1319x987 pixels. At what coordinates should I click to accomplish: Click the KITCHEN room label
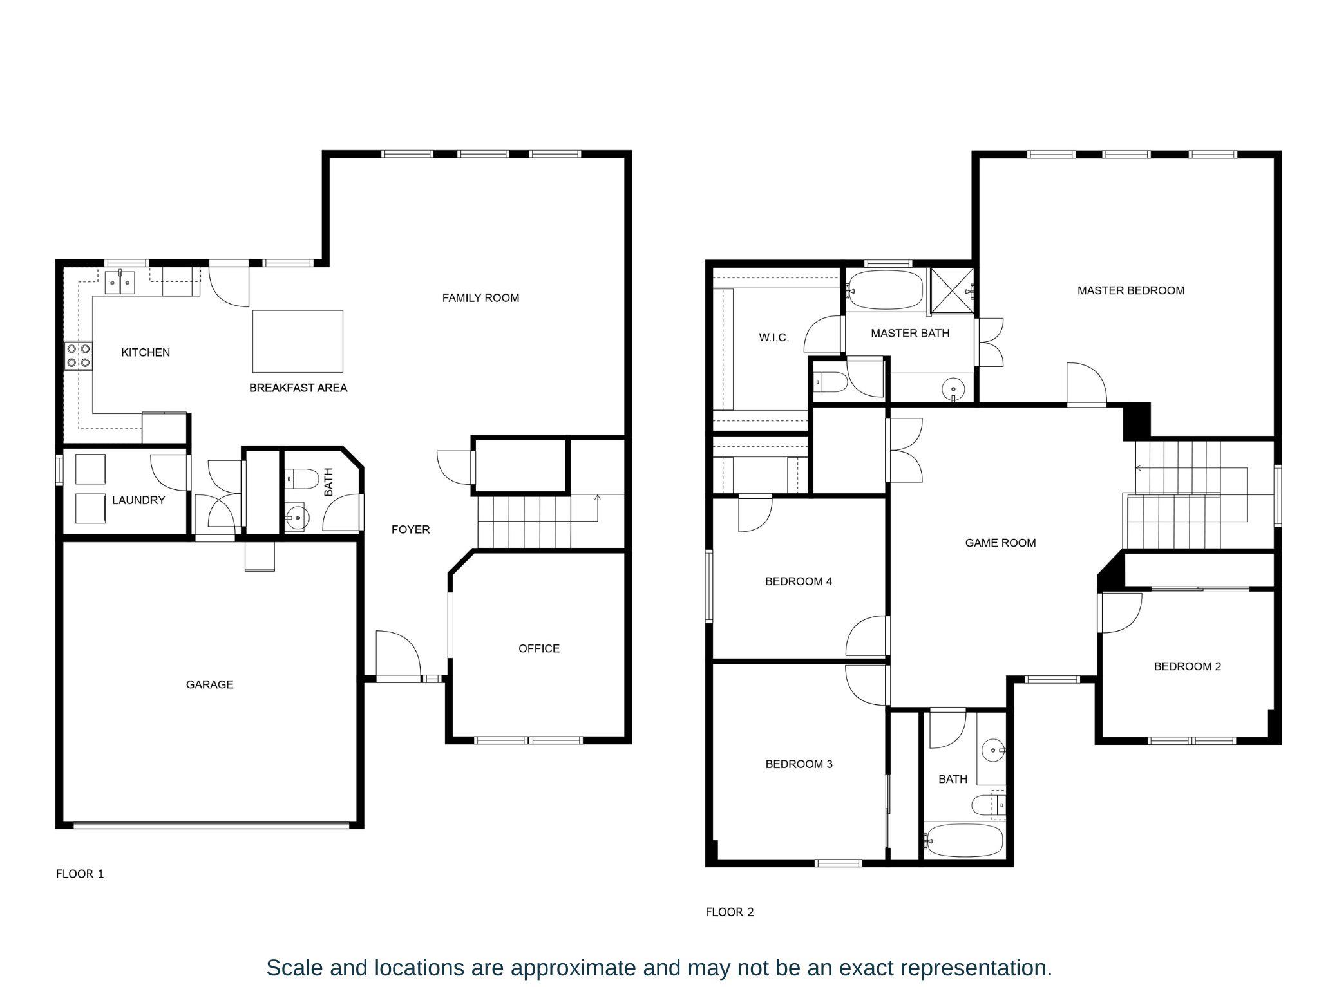146,352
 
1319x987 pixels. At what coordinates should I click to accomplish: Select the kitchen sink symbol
120,283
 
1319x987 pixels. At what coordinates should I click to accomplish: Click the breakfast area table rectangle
297,341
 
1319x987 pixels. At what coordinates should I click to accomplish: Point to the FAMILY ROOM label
480,297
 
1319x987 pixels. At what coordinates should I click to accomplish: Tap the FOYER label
410,529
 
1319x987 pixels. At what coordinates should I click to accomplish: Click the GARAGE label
209,684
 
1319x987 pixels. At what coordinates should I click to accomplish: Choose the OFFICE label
539,648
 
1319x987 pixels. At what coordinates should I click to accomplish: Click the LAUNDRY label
138,500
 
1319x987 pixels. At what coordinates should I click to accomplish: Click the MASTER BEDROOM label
1130,290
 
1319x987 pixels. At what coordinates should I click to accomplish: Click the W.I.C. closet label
773,337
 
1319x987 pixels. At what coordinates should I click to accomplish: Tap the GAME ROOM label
1000,543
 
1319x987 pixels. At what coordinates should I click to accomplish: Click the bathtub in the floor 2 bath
963,840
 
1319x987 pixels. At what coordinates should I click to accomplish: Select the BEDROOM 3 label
799,764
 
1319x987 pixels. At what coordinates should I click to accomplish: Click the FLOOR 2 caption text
729,912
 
